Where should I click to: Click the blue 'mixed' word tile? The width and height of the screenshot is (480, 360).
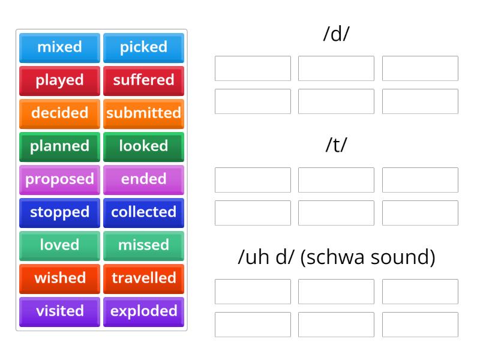pyautogui.click(x=59, y=47)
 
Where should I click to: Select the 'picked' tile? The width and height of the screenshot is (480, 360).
pyautogui.click(x=143, y=47)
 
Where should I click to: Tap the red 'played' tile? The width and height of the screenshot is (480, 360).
pyautogui.click(x=59, y=80)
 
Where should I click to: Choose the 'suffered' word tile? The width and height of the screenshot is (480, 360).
pyautogui.click(x=143, y=80)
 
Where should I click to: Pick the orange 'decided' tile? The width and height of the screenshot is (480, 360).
pyautogui.click(x=59, y=113)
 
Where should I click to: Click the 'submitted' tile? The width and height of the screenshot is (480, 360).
pyautogui.click(x=143, y=113)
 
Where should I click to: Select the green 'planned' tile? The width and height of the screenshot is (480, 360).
pyautogui.click(x=59, y=146)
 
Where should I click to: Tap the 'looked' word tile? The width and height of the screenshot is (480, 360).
pyautogui.click(x=143, y=146)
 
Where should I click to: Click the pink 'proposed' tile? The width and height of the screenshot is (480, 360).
pyautogui.click(x=59, y=179)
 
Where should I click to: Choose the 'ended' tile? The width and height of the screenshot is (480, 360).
pyautogui.click(x=143, y=179)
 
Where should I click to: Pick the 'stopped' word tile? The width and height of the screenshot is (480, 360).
pyautogui.click(x=59, y=212)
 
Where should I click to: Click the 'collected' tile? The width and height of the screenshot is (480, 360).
pyautogui.click(x=143, y=212)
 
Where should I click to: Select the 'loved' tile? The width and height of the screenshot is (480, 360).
pyautogui.click(x=59, y=245)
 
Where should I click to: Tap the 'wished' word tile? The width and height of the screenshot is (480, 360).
pyautogui.click(x=59, y=278)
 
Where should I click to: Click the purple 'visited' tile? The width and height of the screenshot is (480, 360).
pyautogui.click(x=59, y=311)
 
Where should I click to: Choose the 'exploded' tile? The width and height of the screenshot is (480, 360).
pyautogui.click(x=143, y=311)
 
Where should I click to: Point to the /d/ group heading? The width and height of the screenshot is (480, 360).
pyautogui.click(x=336, y=34)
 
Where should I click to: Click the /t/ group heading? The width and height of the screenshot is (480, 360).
pyautogui.click(x=336, y=146)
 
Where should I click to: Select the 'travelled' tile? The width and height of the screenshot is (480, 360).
pyautogui.click(x=143, y=278)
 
